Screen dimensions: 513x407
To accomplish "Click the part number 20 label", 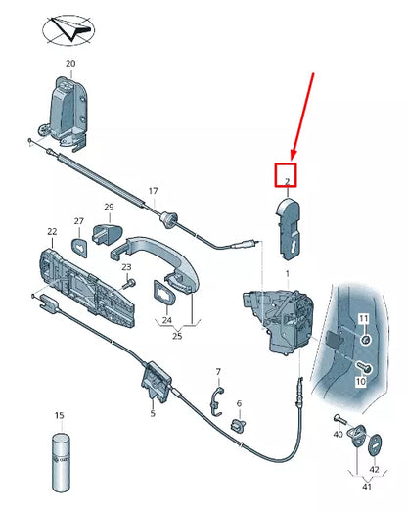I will tap(69, 64).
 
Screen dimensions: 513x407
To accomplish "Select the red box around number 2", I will tap(287, 176).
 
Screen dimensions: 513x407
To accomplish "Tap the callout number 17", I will tap(153, 191).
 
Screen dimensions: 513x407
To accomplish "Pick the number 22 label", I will tap(52, 232).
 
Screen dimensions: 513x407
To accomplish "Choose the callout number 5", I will tap(153, 413).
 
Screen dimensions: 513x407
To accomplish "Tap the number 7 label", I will tap(218, 372).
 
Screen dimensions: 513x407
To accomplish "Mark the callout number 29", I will tap(110, 207).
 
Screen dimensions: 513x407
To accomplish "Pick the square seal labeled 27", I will tap(78, 244).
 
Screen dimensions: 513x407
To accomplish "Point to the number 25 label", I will tap(176, 336).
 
